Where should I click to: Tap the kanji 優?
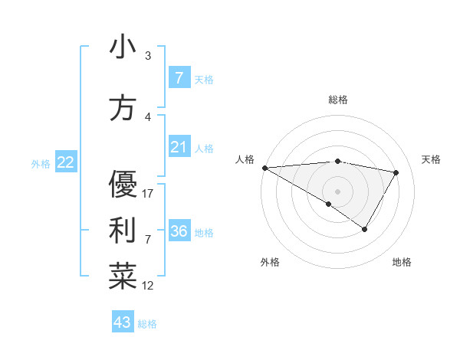123,185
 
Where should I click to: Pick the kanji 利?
123,230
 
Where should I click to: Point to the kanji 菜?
123,277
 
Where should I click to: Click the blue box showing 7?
179,78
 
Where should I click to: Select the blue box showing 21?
179,147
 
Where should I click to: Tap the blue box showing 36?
179,231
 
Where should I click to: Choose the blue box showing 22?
65,162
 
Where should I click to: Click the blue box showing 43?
123,322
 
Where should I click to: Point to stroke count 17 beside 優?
149,194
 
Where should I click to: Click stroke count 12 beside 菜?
149,286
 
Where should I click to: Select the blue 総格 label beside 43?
147,324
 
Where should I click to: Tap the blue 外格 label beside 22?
41,164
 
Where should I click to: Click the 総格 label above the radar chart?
338,100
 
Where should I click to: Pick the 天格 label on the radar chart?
432,159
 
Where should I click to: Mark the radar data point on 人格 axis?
264,167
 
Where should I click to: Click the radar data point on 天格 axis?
396,172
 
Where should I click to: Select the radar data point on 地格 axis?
365,229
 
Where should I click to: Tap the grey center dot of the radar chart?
337,191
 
